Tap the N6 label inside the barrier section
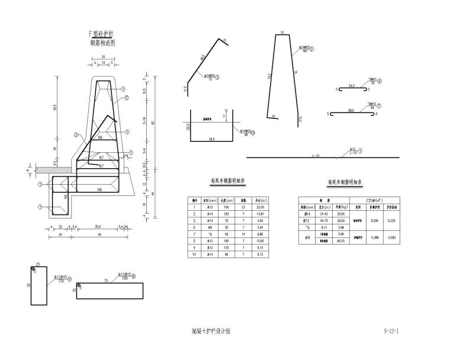tap(100, 138)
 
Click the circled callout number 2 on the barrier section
tap(126, 98)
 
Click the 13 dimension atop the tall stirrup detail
tap(282, 32)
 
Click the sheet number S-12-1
tap(390, 331)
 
